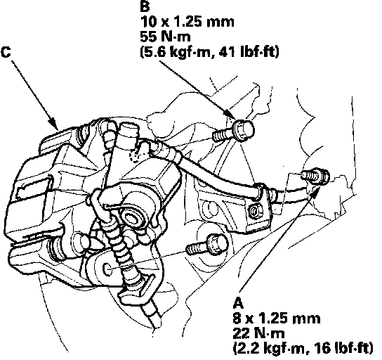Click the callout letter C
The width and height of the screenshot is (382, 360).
(6, 52)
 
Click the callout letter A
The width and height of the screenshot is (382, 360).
(238, 303)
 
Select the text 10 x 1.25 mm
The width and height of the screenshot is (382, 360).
(187, 22)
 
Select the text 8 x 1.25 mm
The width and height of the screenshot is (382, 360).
(277, 319)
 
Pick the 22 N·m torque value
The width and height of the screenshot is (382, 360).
(258, 333)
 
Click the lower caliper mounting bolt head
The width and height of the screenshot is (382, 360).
(218, 245)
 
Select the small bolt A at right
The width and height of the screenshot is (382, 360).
(316, 176)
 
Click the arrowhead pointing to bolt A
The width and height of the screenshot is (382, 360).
(315, 191)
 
